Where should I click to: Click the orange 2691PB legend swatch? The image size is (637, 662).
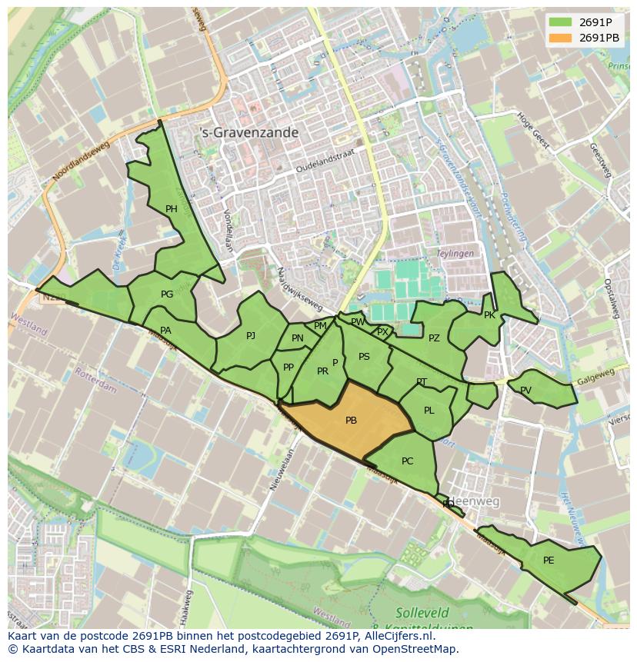click(x=561, y=38)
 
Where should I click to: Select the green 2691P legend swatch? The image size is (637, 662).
click(x=561, y=22)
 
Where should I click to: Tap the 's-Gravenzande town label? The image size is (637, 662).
click(x=248, y=133)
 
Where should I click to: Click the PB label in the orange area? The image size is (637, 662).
click(x=351, y=421)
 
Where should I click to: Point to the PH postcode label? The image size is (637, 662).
click(x=171, y=209)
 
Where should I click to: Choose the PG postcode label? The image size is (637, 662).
click(x=167, y=294)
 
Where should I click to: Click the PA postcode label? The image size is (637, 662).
click(x=165, y=331)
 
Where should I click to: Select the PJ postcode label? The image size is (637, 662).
click(x=251, y=336)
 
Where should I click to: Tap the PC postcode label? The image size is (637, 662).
click(x=408, y=461)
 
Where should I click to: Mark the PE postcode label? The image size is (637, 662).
click(x=549, y=561)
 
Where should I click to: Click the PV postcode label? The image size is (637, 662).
click(x=525, y=391)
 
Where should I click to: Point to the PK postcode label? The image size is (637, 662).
click(x=489, y=315)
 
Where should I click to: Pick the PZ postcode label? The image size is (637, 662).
click(x=434, y=338)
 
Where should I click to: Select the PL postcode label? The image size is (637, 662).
click(x=429, y=411)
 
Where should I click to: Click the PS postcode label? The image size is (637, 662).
click(x=364, y=357)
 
